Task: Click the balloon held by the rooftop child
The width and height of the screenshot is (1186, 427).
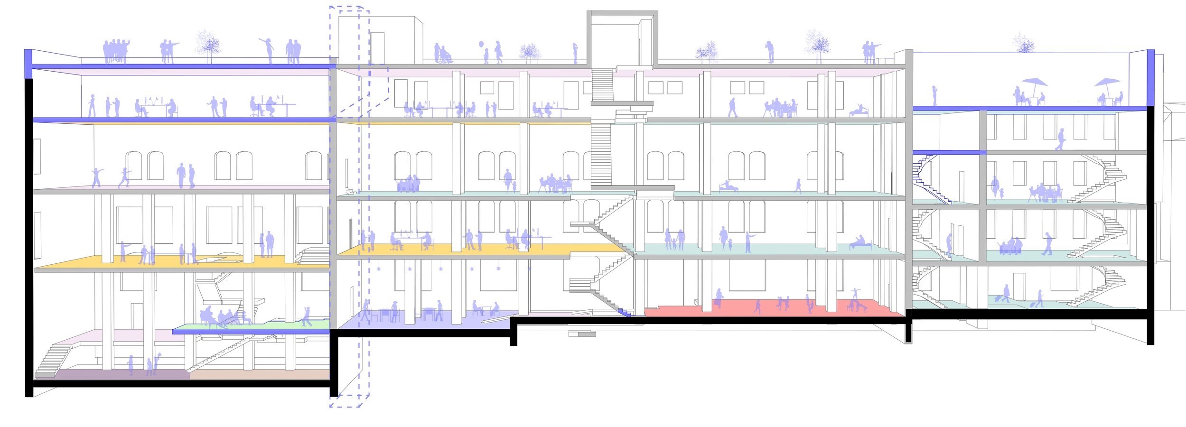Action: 481,45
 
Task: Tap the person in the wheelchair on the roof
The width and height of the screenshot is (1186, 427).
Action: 444,55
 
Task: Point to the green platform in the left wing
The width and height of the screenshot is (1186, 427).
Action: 285,325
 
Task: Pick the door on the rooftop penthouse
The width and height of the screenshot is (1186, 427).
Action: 377,47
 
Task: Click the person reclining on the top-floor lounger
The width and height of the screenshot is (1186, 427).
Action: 858,111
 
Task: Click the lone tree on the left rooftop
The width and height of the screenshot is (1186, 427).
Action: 208,45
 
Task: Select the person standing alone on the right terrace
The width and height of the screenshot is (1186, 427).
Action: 934,96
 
